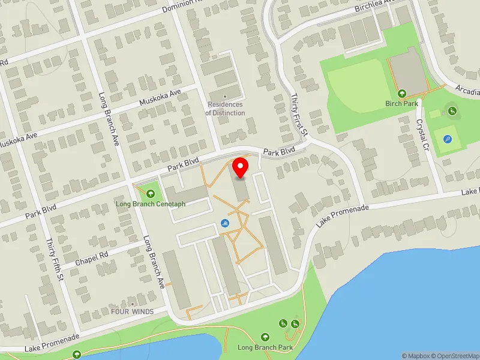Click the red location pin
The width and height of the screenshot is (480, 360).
(x=241, y=167)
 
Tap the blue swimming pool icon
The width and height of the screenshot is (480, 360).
(x=224, y=224)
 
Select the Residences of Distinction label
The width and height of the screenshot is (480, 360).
(x=225, y=109)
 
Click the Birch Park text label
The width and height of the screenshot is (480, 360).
(x=401, y=103)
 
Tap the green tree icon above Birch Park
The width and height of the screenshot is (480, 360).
(x=402, y=94)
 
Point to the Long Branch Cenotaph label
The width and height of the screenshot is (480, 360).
(x=151, y=204)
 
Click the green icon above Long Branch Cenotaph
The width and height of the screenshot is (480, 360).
(x=150, y=194)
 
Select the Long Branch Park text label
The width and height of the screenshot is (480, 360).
(x=265, y=347)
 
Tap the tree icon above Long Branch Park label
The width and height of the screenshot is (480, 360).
(x=265, y=337)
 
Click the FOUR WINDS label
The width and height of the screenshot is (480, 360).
(x=132, y=311)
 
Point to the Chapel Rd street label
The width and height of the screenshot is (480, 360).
(x=92, y=259)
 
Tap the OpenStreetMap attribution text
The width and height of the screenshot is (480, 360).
(x=458, y=356)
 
